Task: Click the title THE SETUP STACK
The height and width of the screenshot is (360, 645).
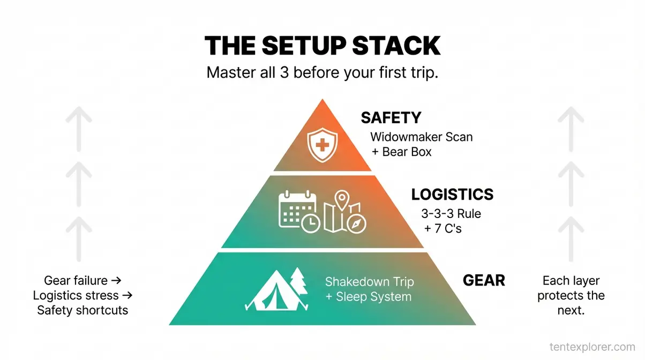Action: (322, 46)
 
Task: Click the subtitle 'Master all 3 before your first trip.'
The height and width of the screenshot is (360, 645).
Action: (322, 73)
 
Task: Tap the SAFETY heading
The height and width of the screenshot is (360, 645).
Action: (391, 118)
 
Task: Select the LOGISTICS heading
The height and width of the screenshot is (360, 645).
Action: (452, 194)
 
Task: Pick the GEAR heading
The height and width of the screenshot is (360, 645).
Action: (483, 280)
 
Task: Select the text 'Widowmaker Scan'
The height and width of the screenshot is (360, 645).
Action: (421, 137)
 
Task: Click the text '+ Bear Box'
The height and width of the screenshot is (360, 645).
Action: (401, 152)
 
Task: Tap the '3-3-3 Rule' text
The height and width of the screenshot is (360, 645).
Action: (452, 214)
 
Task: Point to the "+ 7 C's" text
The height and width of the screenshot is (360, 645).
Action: (444, 229)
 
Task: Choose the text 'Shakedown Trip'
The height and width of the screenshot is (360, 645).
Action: (369, 282)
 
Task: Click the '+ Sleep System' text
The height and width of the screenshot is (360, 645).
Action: (368, 297)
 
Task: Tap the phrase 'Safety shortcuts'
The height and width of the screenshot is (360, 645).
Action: (82, 310)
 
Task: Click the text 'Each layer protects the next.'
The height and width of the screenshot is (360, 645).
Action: (571, 295)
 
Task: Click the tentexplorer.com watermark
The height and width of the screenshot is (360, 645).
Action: (592, 347)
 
